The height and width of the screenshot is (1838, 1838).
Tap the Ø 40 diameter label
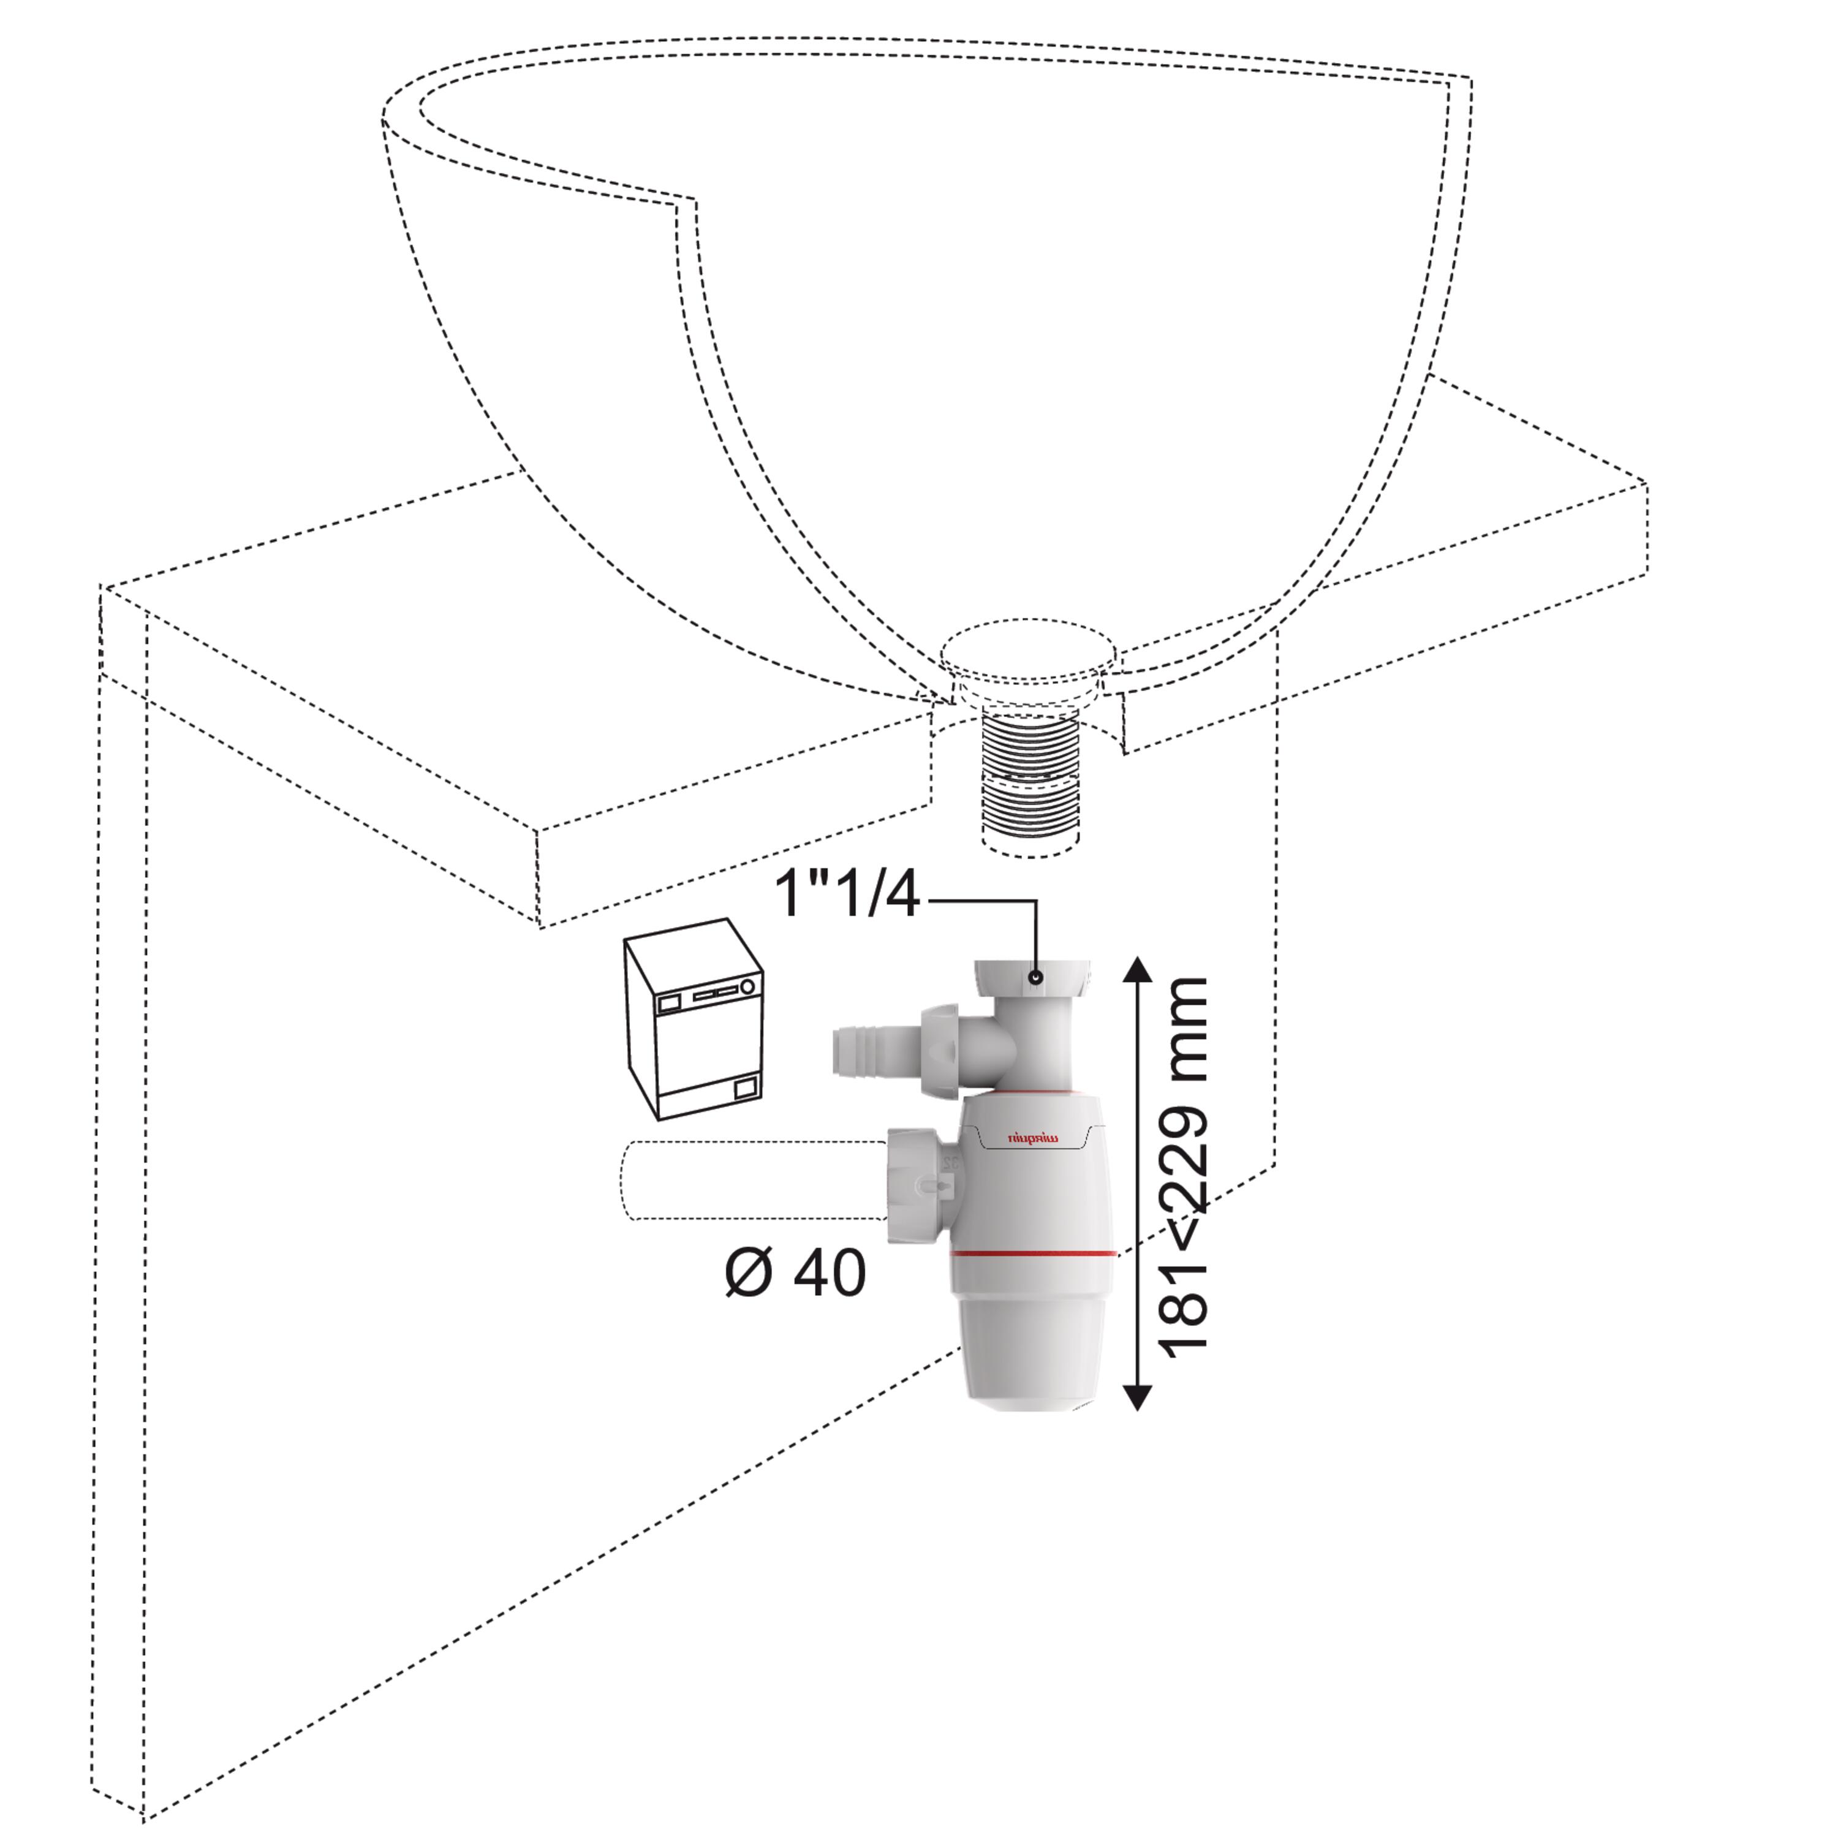point(795,1273)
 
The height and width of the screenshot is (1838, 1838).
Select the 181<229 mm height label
point(1182,1163)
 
